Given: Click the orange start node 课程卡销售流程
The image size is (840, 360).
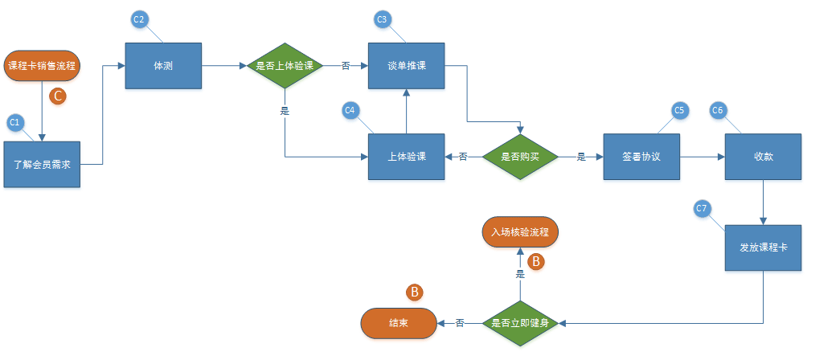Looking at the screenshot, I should (42, 66).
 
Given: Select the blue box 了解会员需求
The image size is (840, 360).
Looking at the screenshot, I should (43, 164).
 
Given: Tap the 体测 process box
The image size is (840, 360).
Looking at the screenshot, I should (162, 66).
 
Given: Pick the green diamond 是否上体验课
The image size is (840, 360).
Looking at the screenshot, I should (285, 66).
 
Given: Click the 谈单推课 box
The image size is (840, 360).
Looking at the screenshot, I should (407, 66).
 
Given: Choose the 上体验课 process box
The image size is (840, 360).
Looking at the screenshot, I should (407, 157).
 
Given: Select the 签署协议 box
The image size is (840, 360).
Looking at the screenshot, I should (641, 157).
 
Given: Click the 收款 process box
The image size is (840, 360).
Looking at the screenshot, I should (763, 157).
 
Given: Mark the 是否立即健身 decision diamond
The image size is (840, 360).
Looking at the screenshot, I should (520, 323).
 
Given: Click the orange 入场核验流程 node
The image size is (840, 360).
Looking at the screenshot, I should (520, 232).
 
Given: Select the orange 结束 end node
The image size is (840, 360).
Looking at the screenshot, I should (398, 323).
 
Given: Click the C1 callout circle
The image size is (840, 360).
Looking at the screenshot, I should (14, 122).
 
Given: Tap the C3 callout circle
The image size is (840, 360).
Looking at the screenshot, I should (383, 19).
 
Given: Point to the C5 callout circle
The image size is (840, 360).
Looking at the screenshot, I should (678, 110).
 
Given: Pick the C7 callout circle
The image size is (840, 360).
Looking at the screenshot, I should (702, 209).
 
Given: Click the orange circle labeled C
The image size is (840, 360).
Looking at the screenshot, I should (58, 96).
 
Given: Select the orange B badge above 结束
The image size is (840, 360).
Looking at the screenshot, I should (415, 292).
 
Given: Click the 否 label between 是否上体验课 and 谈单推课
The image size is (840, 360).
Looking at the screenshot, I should (346, 66).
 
